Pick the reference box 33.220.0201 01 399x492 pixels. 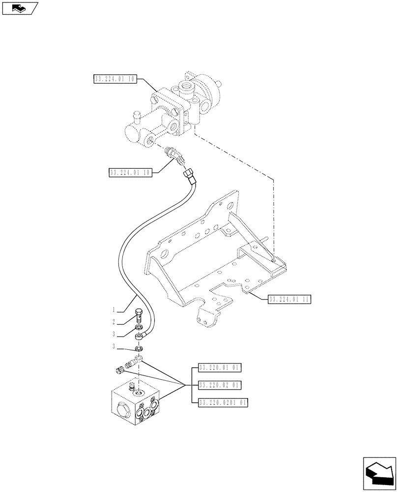(x=223, y=402)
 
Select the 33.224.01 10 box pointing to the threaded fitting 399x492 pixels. (x=130, y=172)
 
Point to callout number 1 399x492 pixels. (x=114, y=310)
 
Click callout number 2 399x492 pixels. (x=114, y=322)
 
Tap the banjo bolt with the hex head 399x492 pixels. (x=139, y=315)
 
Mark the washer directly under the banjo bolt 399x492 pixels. (x=139, y=327)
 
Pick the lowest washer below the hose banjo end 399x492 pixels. (x=140, y=348)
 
